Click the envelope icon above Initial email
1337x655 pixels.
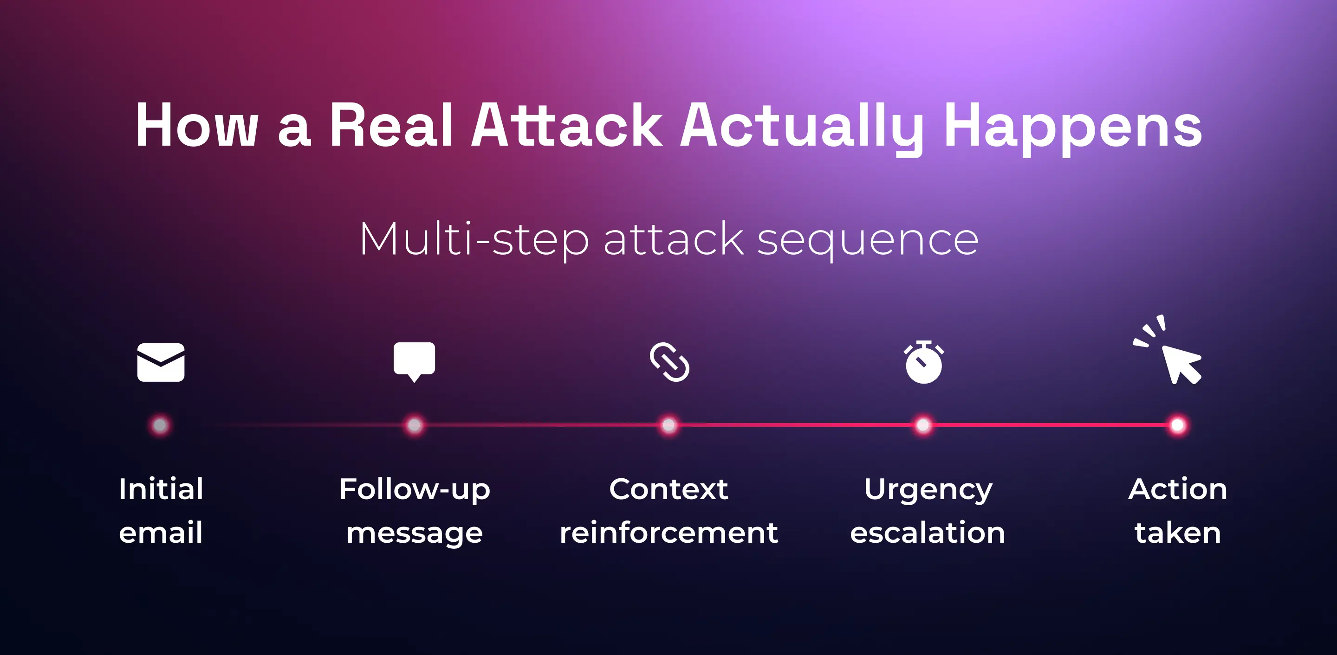point(160,362)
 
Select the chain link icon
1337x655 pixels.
point(669,362)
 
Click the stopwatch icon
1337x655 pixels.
point(923,363)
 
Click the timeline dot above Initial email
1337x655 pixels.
point(160,425)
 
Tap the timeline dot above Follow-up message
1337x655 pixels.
point(414,425)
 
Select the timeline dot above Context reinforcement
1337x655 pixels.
point(668,425)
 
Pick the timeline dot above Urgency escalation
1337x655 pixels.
point(923,425)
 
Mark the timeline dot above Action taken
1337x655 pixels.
point(1178,425)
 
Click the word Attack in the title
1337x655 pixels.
point(566,126)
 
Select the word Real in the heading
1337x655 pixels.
point(391,126)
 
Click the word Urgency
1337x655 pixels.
point(928,490)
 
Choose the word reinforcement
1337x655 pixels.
point(668,533)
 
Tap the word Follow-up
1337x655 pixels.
point(414,490)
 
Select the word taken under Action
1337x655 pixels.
point(1178,533)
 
